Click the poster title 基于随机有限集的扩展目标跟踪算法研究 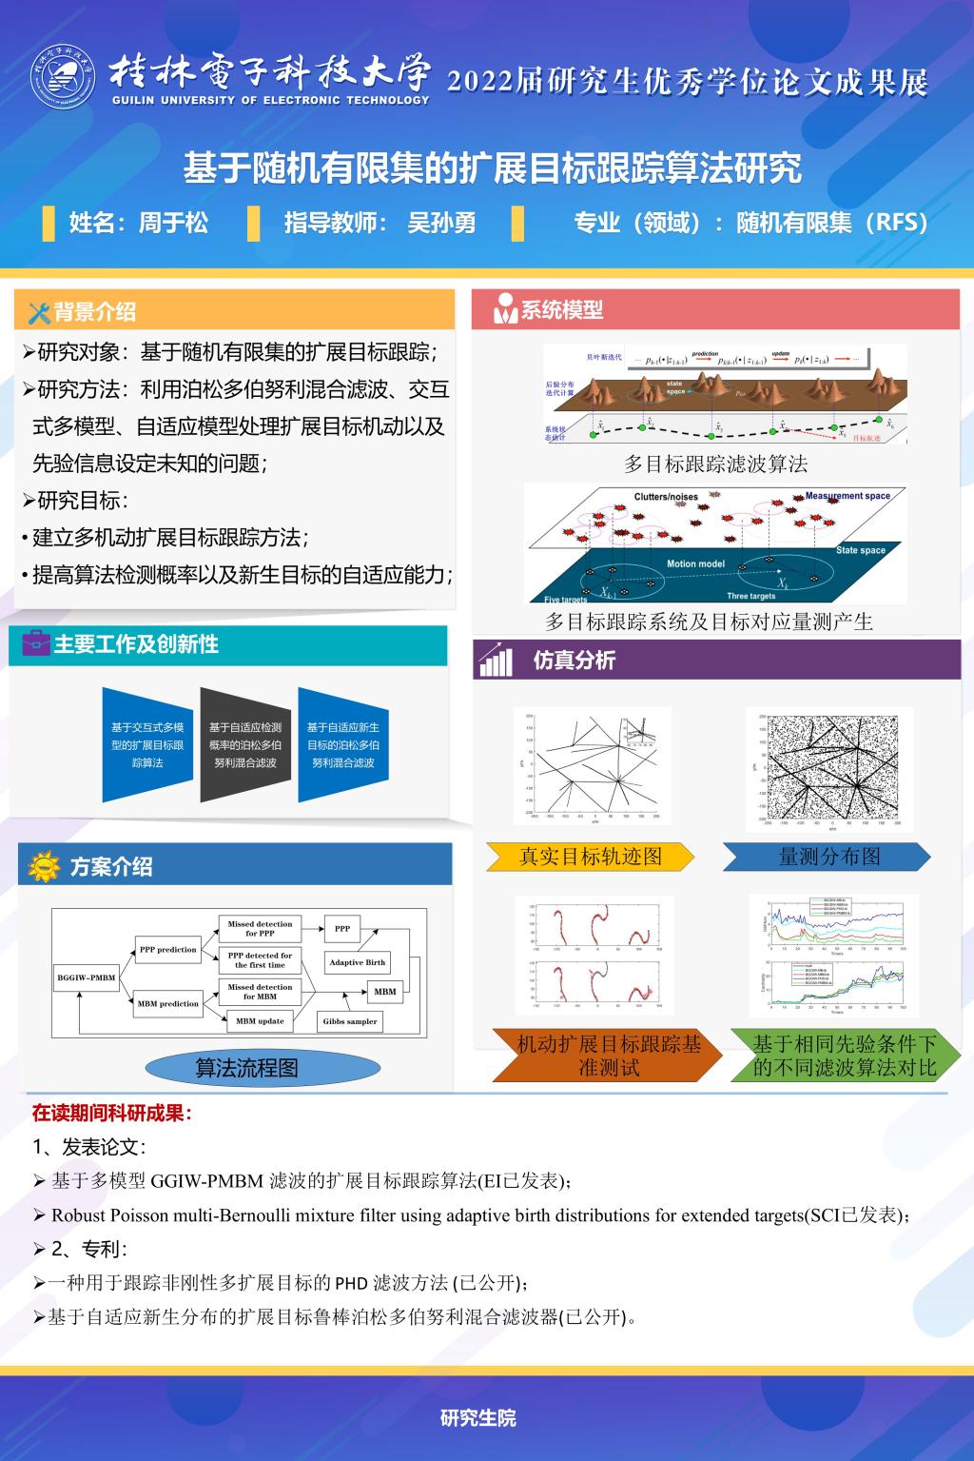(x=492, y=168)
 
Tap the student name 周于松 (x=173, y=223)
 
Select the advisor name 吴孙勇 (x=441, y=223)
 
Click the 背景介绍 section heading (x=94, y=311)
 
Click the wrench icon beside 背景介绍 (x=39, y=312)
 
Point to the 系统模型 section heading (x=562, y=309)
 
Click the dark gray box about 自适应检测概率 (x=245, y=745)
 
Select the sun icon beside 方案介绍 (x=44, y=866)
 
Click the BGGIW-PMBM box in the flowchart (x=87, y=977)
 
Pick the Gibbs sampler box (x=350, y=1021)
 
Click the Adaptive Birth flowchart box (x=358, y=962)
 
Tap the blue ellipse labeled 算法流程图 (x=246, y=1068)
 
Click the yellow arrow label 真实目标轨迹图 (x=590, y=857)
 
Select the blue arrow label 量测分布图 (x=828, y=857)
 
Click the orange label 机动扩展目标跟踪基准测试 (x=609, y=1056)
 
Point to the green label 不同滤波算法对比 (x=845, y=1056)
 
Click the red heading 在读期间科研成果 (x=111, y=1113)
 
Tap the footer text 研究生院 (x=477, y=1417)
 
